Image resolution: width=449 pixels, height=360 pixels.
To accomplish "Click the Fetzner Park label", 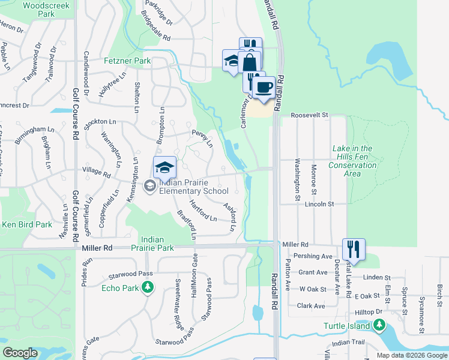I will [x=127, y=61].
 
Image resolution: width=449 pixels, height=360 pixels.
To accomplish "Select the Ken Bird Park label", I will [x=26, y=224].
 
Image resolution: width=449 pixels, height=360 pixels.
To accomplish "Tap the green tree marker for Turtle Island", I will [x=378, y=325].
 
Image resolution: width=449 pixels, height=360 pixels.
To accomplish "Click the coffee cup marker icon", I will [x=262, y=88].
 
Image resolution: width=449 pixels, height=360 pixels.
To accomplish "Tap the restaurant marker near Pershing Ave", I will [x=354, y=248].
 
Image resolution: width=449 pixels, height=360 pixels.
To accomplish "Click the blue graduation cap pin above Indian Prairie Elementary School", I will [x=164, y=167].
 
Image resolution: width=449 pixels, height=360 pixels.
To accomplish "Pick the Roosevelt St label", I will [x=310, y=115].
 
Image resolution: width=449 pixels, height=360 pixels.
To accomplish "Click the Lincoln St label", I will [x=319, y=205].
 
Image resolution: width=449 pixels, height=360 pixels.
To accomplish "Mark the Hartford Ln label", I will [x=203, y=211].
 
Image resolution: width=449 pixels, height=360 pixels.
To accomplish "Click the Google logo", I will [x=20, y=353].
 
